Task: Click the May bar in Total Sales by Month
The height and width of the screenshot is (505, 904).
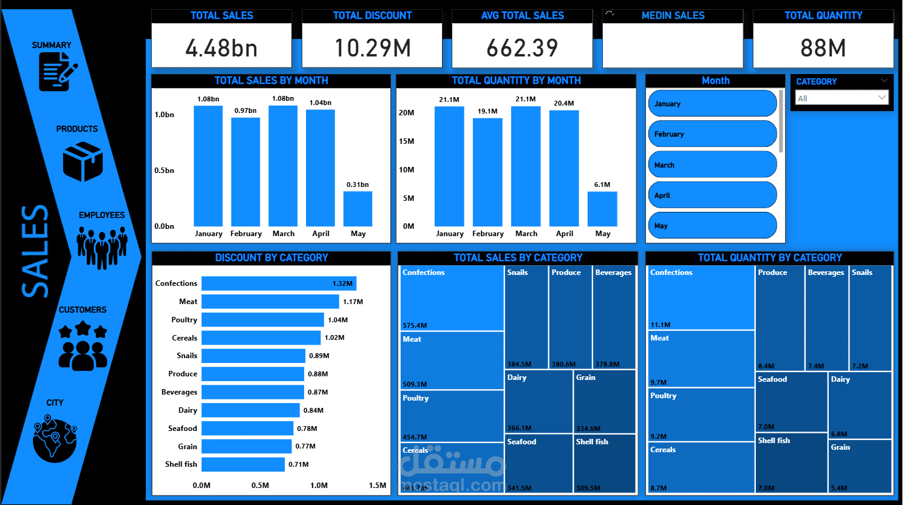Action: coord(358,209)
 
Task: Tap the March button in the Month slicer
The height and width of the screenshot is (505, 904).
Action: coord(712,164)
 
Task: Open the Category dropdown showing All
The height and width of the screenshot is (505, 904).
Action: coord(841,98)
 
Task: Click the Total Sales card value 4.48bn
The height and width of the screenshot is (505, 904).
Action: coord(222,48)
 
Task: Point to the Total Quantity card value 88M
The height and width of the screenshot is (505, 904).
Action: coord(823,48)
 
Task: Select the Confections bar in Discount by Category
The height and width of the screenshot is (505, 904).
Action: coord(279,283)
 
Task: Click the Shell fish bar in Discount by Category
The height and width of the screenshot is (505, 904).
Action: coord(243,464)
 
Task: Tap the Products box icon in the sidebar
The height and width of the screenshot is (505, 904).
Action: coord(83,161)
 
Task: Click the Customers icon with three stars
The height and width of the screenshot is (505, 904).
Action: coord(83,347)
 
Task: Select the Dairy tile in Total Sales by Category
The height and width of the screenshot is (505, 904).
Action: coord(539,401)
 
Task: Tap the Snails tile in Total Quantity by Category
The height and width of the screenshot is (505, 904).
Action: coord(870,318)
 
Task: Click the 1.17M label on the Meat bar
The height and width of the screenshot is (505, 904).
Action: coord(353,302)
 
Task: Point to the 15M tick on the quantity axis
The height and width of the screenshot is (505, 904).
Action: coord(406,141)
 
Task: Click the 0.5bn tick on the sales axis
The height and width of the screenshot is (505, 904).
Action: coord(164,171)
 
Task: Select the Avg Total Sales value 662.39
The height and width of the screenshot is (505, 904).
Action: coord(522,48)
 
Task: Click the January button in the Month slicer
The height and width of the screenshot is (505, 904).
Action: coord(712,104)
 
